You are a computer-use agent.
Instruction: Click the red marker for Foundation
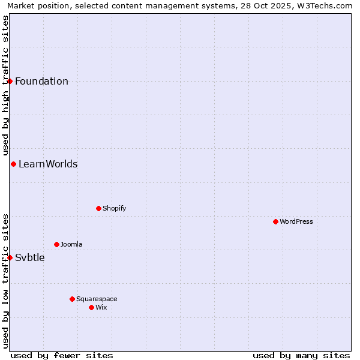pyautogui.click(x=10, y=81)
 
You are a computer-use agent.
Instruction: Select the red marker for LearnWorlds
pyautogui.click(x=13, y=164)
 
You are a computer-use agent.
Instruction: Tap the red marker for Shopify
pyautogui.click(x=98, y=208)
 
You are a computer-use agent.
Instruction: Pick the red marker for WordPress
pyautogui.click(x=275, y=221)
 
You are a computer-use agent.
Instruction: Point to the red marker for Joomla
pyautogui.click(x=56, y=244)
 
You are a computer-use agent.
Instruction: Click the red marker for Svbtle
pyautogui.click(x=10, y=257)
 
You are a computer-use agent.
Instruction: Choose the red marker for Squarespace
pyautogui.click(x=72, y=299)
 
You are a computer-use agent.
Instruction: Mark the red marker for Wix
pyautogui.click(x=91, y=307)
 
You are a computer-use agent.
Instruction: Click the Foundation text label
pyautogui.click(x=41, y=82)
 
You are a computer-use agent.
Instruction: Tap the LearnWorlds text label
pyautogui.click(x=48, y=164)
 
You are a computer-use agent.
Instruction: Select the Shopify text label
pyautogui.click(x=114, y=208)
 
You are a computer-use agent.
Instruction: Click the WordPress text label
pyautogui.click(x=296, y=221)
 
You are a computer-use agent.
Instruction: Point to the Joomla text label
pyautogui.click(x=71, y=244)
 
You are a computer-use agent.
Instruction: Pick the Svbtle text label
pyautogui.click(x=29, y=258)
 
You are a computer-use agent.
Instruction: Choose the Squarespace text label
pyautogui.click(x=97, y=299)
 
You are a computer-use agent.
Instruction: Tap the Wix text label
pyautogui.click(x=101, y=307)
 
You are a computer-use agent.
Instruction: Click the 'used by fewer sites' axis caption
pyautogui.click(x=62, y=355)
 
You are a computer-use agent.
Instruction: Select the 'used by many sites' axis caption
pyautogui.click(x=301, y=355)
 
